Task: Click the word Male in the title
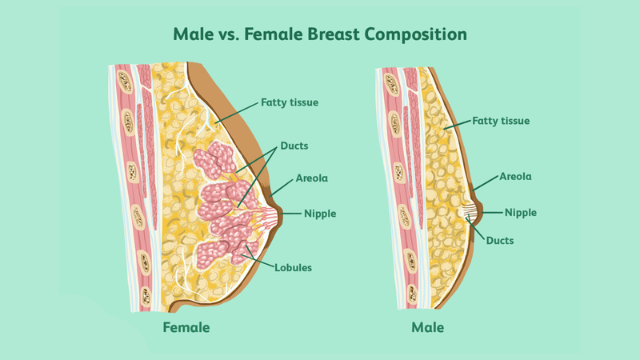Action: point(195,36)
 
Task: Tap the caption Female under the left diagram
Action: point(186,327)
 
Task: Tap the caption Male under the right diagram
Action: point(427,327)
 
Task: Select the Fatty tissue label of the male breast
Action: point(502,121)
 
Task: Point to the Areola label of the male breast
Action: point(516,176)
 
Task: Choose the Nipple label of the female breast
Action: point(319,214)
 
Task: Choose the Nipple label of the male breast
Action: point(520,212)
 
